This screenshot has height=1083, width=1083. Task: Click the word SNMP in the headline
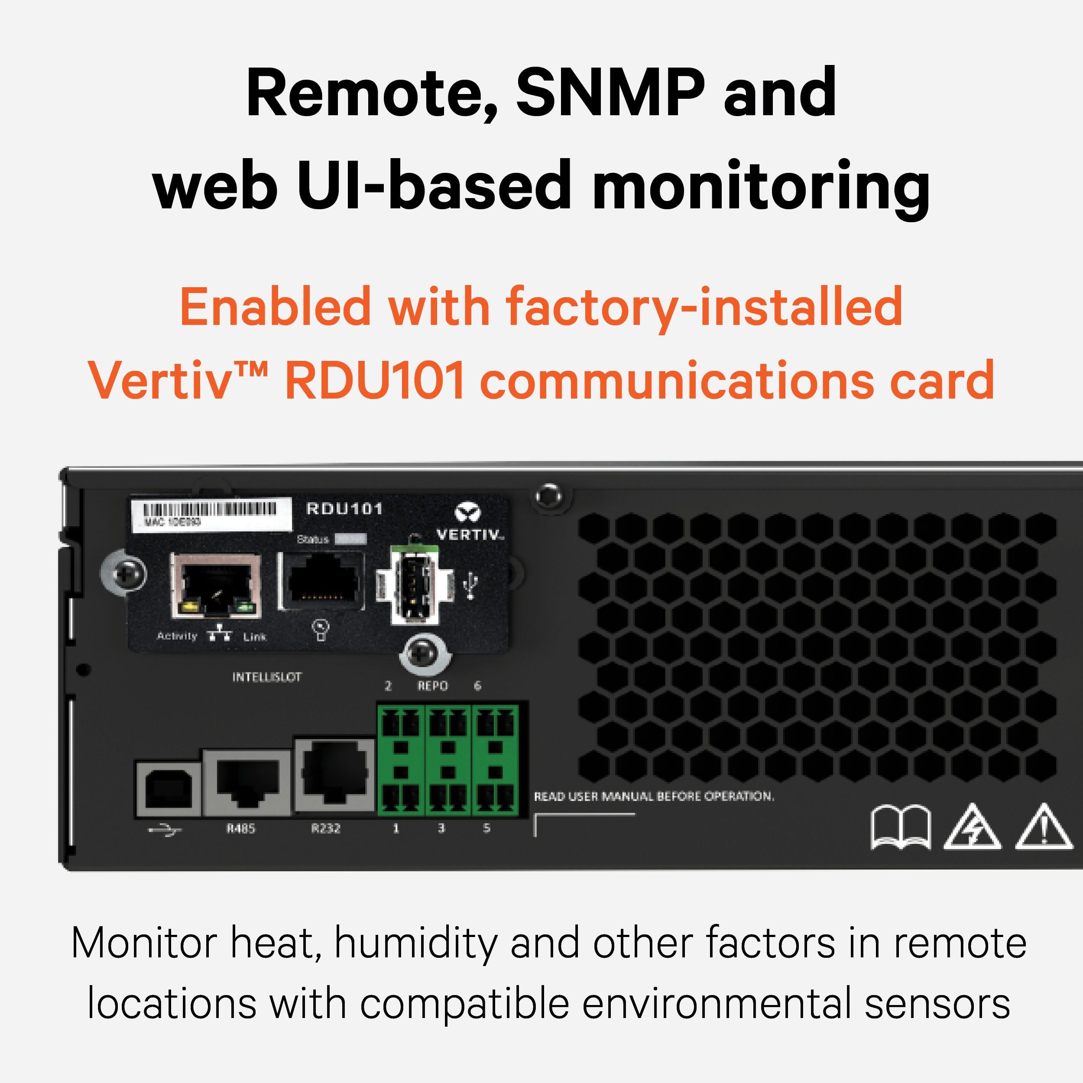[610, 93]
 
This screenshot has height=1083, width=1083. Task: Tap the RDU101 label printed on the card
[344, 509]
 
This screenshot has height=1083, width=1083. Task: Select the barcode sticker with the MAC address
[211, 514]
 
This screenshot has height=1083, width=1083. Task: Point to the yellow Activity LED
[189, 606]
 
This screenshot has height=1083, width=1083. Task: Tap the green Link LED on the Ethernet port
[244, 606]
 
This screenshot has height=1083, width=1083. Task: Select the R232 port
[334, 774]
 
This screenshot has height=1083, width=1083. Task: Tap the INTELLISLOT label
[267, 677]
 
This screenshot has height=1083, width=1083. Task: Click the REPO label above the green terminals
[432, 686]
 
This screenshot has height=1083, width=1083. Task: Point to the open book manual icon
[900, 827]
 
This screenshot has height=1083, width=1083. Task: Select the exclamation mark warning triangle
[1044, 827]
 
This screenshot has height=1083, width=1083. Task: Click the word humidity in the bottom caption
[416, 944]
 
